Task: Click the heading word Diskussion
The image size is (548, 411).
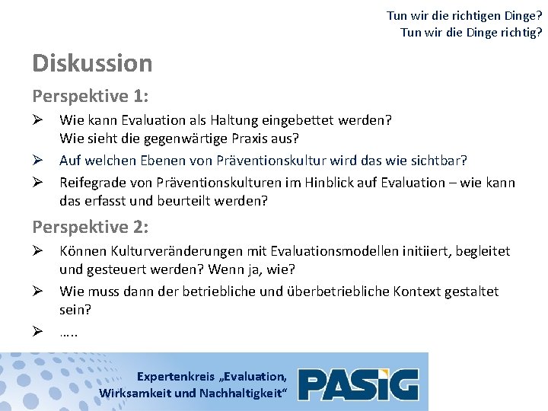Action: click(x=92, y=63)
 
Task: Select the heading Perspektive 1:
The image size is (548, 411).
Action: click(x=90, y=97)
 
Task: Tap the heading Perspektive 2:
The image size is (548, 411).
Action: click(x=90, y=227)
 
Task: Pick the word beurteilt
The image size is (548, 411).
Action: click(x=193, y=202)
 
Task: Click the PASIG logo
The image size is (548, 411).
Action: click(x=358, y=384)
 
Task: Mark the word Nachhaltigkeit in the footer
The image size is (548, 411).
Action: click(x=242, y=393)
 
